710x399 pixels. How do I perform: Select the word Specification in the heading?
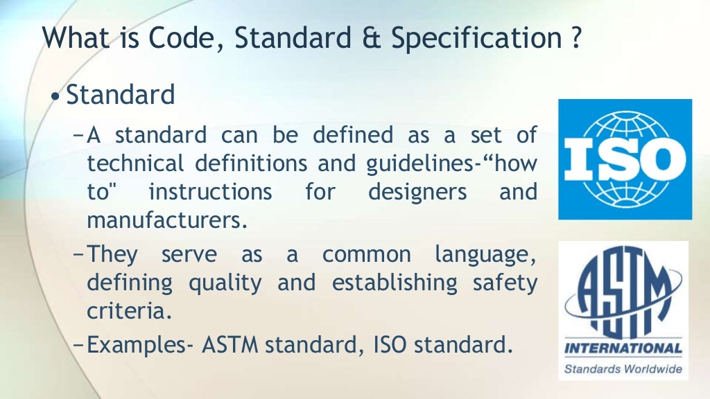pos(475,40)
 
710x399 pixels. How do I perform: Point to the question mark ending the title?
pos(576,39)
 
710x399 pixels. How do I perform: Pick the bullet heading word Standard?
pos(121,95)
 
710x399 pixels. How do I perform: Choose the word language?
pos(485,255)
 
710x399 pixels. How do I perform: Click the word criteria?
pos(128,312)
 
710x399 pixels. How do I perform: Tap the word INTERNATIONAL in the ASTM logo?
pos(623,348)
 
